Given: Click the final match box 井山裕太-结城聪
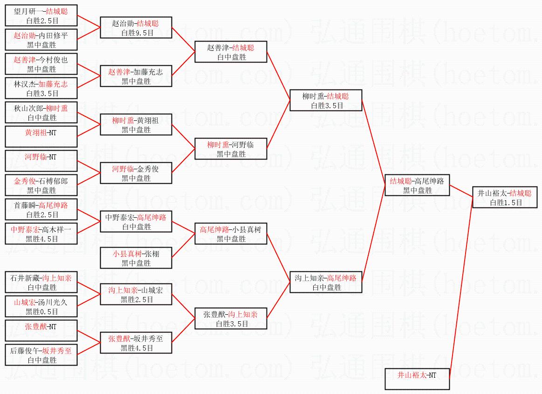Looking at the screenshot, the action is (x=505, y=198).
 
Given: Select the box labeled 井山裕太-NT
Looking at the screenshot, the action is (x=417, y=379).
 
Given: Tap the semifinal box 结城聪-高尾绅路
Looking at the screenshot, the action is (x=417, y=186).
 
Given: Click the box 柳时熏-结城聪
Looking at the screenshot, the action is (x=326, y=101).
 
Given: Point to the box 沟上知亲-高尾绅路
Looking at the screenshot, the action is (x=326, y=282).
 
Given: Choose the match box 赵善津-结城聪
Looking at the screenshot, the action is (x=231, y=52).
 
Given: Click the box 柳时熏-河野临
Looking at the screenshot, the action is (x=231, y=149).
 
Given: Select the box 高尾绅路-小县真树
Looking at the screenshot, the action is (x=231, y=234).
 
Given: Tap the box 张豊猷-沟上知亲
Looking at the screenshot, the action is (x=231, y=318).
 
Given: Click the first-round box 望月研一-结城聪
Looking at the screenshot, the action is (x=41, y=15).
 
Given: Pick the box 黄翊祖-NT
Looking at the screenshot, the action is (x=41, y=137).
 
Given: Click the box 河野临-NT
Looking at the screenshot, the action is (x=41, y=161).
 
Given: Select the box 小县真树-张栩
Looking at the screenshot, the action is (x=136, y=258).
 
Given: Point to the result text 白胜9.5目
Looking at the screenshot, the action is (x=137, y=33).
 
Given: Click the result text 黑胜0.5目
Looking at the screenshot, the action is (x=42, y=311).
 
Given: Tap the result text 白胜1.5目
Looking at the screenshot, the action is (x=506, y=203).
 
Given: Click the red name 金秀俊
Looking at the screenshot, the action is (x=25, y=181).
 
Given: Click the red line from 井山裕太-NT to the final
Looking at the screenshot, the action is (x=461, y=283).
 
